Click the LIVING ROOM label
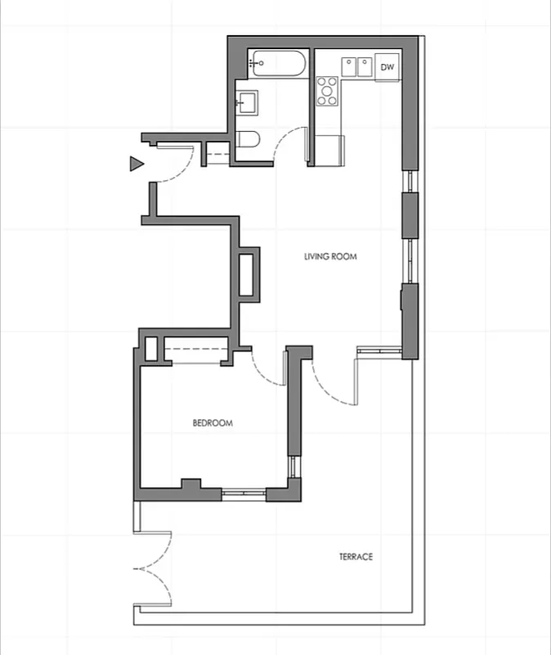pos(330,256)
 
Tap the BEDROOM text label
pos(213,423)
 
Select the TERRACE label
pos(356,557)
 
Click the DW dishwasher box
pos(387,67)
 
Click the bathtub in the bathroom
pos(278,61)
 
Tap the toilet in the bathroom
pos(248,140)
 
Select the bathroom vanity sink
pos(247,102)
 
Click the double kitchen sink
pos(357,65)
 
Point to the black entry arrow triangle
pos(137,164)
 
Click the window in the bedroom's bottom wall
pos(243,493)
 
